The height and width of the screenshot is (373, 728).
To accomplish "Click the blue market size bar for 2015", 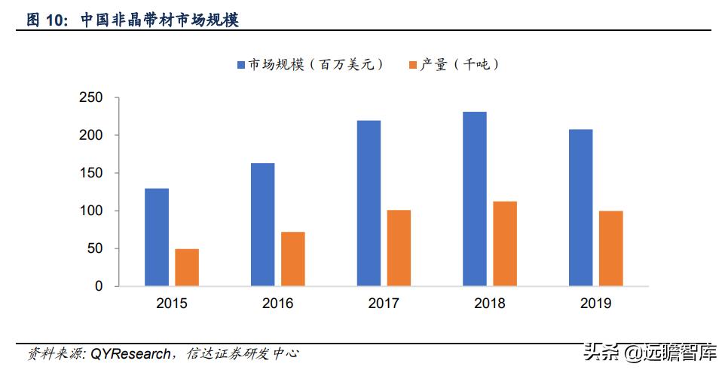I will click(x=157, y=237).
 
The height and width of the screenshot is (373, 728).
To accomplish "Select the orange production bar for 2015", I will click(x=187, y=267).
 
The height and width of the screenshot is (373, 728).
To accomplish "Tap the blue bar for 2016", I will click(x=262, y=224).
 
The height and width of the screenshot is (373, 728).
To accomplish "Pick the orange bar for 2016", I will click(x=293, y=259).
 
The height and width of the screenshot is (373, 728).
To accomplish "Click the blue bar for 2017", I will click(x=369, y=203).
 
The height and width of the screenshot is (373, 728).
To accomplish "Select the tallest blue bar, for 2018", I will click(x=475, y=199).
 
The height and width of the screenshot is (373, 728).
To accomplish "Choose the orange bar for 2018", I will click(x=505, y=244).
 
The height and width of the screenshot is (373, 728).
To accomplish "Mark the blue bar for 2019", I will click(x=580, y=208).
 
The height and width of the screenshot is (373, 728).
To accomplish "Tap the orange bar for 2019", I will click(x=611, y=248).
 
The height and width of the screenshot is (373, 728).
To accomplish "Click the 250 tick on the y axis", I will click(x=90, y=97).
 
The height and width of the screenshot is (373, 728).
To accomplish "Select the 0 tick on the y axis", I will click(x=98, y=286).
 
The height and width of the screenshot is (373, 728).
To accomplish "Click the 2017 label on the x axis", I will click(x=384, y=304).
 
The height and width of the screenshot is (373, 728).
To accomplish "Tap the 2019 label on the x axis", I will click(x=595, y=304).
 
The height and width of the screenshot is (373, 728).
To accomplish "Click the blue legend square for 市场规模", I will click(x=241, y=65).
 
